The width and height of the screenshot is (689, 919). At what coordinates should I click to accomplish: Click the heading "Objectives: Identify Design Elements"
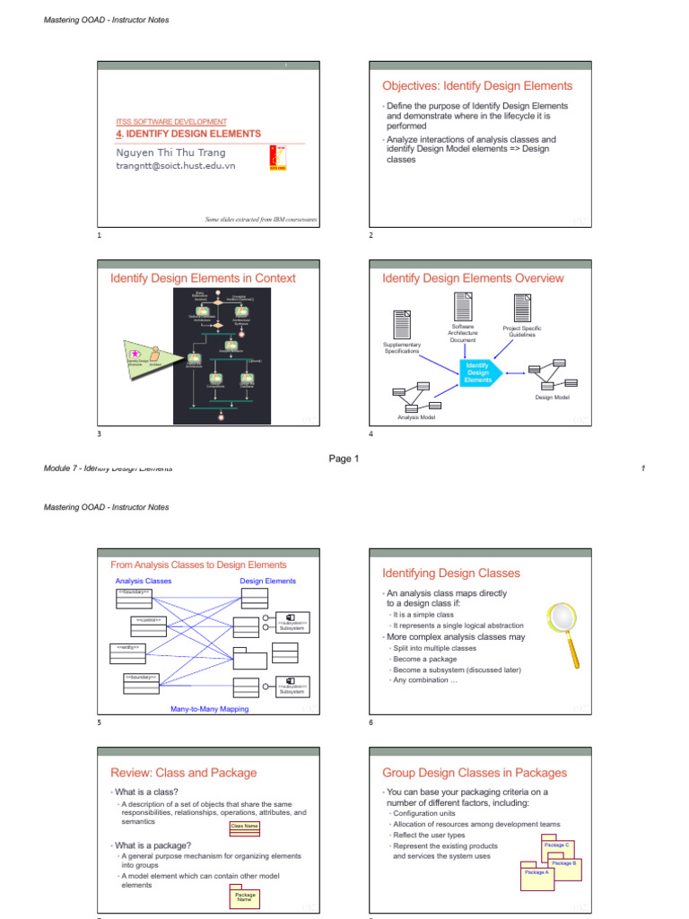(x=476, y=86)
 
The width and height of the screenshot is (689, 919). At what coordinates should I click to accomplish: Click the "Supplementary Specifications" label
(x=402, y=347)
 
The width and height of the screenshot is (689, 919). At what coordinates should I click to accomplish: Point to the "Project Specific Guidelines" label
(x=522, y=331)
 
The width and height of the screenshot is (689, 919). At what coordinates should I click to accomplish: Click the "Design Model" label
(x=553, y=397)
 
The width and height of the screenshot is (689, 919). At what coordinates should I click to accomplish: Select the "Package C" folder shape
(x=555, y=845)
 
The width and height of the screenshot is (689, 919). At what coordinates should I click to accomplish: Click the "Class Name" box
(x=245, y=826)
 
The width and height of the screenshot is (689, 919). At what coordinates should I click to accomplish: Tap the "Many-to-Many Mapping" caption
(x=209, y=709)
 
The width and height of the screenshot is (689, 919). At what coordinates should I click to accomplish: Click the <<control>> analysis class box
(x=148, y=626)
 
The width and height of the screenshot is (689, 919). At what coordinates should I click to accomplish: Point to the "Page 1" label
(x=344, y=459)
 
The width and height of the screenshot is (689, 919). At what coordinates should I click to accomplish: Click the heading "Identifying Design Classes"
(x=451, y=573)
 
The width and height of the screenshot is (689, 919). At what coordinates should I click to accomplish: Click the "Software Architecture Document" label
(x=463, y=334)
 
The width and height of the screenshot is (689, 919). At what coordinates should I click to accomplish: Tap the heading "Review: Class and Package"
(x=183, y=772)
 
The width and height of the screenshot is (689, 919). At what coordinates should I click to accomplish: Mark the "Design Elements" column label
(x=267, y=581)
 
